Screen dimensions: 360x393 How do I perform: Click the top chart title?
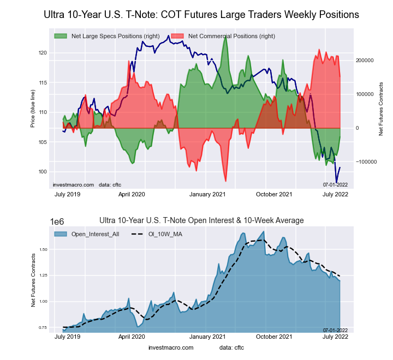pyautogui.click(x=201, y=15)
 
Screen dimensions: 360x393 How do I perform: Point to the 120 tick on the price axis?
pyautogui.click(x=43, y=53)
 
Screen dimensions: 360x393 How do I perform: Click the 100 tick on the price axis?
pyautogui.click(x=43, y=172)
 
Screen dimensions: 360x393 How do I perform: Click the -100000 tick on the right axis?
pyautogui.click(x=362, y=162)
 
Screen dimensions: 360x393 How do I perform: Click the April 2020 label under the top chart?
pyautogui.click(x=132, y=194)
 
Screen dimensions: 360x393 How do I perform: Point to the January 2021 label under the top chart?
pyautogui.click(x=207, y=194)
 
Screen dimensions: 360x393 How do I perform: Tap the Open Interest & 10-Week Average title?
pyautogui.click(x=201, y=220)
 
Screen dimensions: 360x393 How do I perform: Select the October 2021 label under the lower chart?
pyautogui.click(x=274, y=337)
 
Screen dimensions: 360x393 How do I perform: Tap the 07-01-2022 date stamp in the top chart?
pyautogui.click(x=335, y=184)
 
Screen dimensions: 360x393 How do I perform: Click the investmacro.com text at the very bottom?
pyautogui.click(x=171, y=347)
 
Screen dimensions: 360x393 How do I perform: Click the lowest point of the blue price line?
pyautogui.click(x=336, y=183)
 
